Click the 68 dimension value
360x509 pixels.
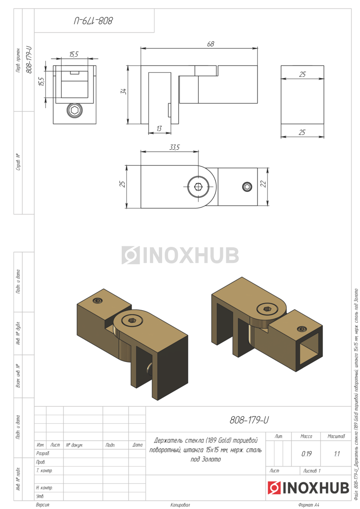tap(211, 44)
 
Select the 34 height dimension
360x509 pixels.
tap(123, 92)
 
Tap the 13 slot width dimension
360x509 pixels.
tap(159, 129)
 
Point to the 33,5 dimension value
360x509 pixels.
tap(174, 148)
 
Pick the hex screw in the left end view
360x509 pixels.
tap(74, 110)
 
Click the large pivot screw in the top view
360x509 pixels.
tap(198, 187)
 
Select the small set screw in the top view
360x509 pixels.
tap(247, 187)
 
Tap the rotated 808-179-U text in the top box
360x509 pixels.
tap(93, 21)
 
